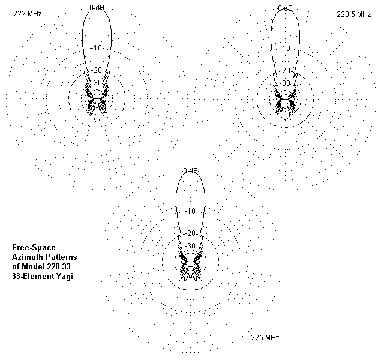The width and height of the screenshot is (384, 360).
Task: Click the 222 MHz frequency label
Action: pyautogui.click(x=28, y=13)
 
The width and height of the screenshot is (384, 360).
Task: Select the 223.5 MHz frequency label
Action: pyautogui.click(x=354, y=14)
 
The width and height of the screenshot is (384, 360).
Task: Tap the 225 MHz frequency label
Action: pyautogui.click(x=265, y=338)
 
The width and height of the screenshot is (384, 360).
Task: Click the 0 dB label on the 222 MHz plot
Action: pyautogui.click(x=97, y=8)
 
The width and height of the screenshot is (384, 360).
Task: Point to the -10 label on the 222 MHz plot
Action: pyautogui.click(x=97, y=48)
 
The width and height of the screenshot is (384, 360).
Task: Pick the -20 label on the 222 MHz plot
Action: pyautogui.click(x=97, y=70)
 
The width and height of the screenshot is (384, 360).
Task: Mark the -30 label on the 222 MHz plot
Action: pyautogui.click(x=97, y=83)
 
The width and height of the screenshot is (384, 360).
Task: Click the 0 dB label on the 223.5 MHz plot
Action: pyautogui.click(x=285, y=8)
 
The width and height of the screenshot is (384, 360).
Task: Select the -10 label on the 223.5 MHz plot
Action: pyautogui.click(x=285, y=48)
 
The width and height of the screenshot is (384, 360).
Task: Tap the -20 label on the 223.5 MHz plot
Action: pyautogui.click(x=285, y=71)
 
